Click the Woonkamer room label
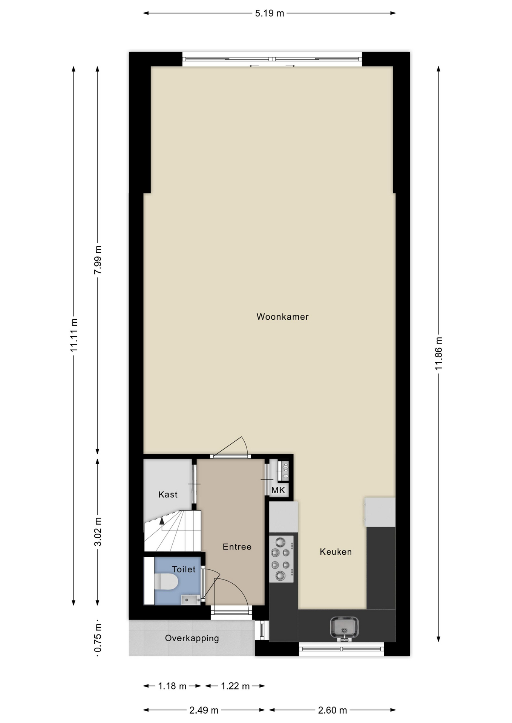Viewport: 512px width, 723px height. [x=282, y=317]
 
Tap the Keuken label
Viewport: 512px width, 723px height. [x=336, y=552]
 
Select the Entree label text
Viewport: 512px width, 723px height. [x=237, y=547]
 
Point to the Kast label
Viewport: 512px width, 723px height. [x=168, y=494]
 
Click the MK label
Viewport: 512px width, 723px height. [x=278, y=490]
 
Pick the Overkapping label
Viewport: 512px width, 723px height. [x=192, y=638]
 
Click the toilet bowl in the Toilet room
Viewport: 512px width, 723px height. [x=166, y=581]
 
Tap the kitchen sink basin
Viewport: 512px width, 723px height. [x=344, y=628]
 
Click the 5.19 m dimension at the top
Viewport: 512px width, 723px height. [x=270, y=14]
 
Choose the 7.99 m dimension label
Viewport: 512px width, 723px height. [x=98, y=260]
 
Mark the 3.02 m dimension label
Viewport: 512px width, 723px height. [x=98, y=532]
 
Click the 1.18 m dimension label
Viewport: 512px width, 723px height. [x=172, y=686]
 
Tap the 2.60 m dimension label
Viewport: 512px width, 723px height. [x=333, y=710]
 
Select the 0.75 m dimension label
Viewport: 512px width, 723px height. [x=98, y=638]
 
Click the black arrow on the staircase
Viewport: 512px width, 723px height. [x=162, y=521]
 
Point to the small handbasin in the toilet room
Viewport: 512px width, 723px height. [x=191, y=599]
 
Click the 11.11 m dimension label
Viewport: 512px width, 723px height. [x=74, y=335]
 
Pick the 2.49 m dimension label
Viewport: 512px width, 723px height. [x=204, y=710]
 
